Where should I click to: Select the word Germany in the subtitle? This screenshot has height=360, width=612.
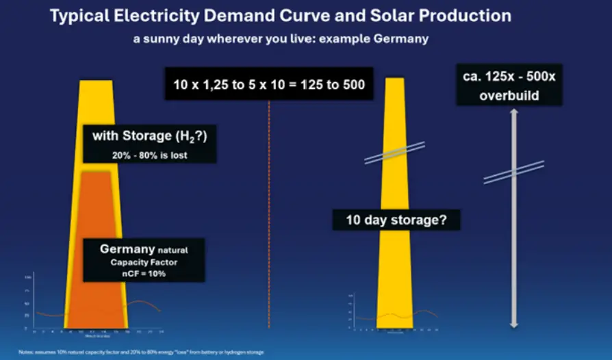pos(399,38)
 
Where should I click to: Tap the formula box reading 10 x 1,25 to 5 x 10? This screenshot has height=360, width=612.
pos(268,86)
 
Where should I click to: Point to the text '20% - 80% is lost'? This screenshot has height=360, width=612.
pos(150,155)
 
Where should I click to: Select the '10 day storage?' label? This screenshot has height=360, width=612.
pos(396,221)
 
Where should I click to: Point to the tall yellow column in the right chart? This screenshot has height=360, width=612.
pos(396,274)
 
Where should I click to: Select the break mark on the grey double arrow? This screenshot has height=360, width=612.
pos(513,172)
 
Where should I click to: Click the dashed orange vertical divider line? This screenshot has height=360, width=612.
pos(269,205)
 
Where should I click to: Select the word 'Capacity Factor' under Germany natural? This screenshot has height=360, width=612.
pos(144,261)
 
